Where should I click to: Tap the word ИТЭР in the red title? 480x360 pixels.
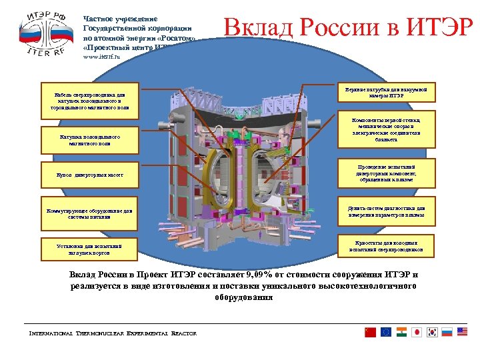click(x=436, y=27)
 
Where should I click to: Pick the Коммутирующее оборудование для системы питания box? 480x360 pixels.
click(x=89, y=212)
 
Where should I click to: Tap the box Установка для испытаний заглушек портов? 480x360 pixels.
click(x=89, y=249)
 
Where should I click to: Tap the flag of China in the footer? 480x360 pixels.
click(x=371, y=332)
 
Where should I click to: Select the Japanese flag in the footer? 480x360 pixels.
click(x=417, y=332)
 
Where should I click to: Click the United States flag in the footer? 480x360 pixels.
click(x=463, y=332)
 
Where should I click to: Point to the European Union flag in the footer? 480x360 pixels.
click(x=386, y=332)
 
